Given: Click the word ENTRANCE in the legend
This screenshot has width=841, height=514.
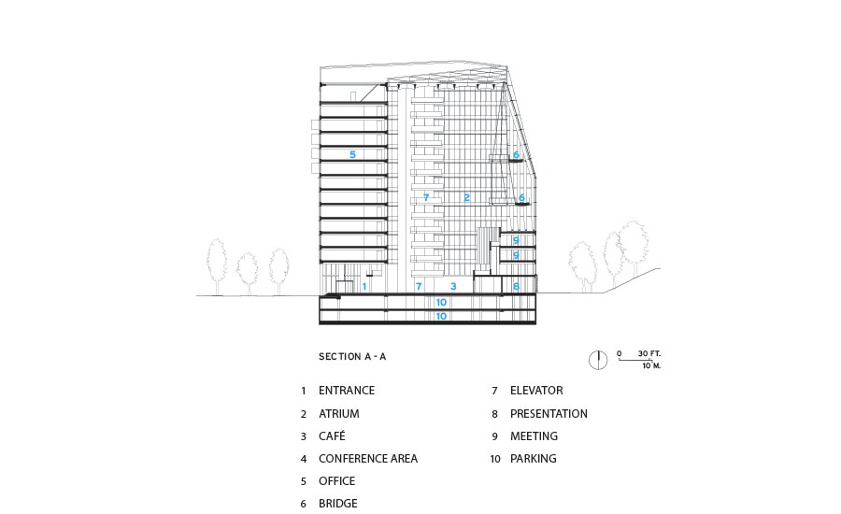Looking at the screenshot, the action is (346, 391).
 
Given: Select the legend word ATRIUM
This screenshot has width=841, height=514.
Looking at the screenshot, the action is (338, 413).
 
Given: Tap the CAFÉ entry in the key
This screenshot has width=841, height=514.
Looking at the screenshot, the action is (333, 436).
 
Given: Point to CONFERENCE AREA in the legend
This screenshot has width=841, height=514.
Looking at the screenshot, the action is (367, 459).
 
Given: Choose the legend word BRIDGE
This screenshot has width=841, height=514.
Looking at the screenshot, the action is (337, 504).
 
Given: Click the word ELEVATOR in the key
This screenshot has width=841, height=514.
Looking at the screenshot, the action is (536, 391).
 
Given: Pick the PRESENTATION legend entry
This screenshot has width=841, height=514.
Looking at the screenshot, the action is (549, 413).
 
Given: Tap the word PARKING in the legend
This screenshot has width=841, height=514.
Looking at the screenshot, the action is (533, 459).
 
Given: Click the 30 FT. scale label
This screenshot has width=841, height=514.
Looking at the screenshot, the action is (649, 354).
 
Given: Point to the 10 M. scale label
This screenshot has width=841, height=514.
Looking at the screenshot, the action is (651, 365).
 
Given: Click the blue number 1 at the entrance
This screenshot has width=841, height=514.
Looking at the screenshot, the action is (364, 286).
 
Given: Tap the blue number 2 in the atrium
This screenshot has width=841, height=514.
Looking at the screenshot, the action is (465, 197).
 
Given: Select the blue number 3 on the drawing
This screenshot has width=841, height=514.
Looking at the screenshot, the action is (453, 286).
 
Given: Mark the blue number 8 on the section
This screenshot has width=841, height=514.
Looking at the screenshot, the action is (515, 286).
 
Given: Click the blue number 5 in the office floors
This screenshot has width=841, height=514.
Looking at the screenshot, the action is (352, 154).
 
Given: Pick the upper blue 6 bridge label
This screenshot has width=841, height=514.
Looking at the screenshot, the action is (515, 155).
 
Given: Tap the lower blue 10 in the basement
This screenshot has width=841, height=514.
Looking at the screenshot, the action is (441, 317).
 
